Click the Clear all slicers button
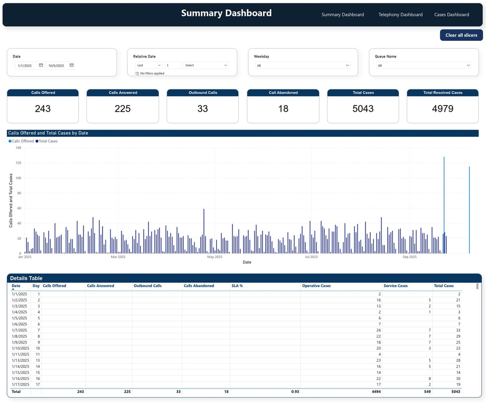[x=461, y=35]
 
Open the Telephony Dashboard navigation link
[x=400, y=15]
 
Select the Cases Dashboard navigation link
[x=451, y=15]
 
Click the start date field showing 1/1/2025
[x=26, y=66]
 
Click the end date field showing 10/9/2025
[x=57, y=66]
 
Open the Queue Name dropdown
[x=423, y=66]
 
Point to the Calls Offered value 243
[x=43, y=109]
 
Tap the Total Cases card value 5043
[x=363, y=109]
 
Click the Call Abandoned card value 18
[x=283, y=109]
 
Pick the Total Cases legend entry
[x=47, y=141]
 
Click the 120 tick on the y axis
[x=19, y=163]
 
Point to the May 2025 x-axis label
[x=215, y=257]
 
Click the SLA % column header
[x=237, y=286]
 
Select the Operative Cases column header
[x=316, y=286]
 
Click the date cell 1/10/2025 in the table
[x=20, y=348]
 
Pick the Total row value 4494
[x=374, y=392]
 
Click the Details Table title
[x=26, y=278]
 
